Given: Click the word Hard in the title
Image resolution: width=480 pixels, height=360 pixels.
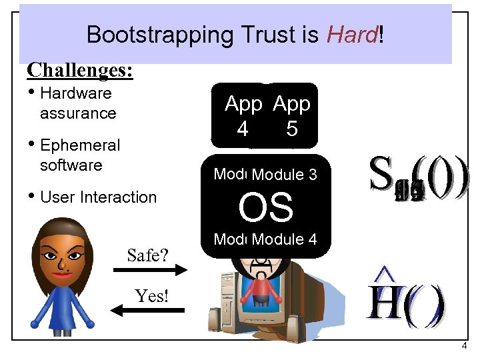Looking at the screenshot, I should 351,34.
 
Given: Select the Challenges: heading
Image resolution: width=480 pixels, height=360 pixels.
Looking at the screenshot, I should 80,70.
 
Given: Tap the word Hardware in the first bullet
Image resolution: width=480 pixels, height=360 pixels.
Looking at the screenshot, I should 75,93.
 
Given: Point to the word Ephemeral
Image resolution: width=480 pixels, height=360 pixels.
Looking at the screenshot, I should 80,145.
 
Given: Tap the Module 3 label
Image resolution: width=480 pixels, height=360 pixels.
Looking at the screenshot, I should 285,175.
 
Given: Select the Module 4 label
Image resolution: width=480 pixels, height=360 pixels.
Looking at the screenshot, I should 285,239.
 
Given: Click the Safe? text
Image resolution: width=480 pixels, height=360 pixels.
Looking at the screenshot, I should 148,255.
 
